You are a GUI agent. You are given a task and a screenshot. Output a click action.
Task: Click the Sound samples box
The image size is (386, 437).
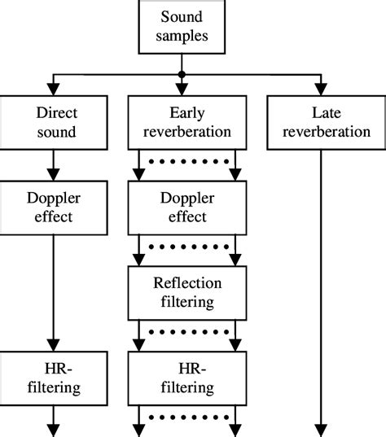click(182, 27)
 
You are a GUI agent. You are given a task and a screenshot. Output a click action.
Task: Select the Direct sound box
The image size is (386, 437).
click(54, 123)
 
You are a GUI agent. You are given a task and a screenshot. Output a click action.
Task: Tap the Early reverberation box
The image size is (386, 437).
click(187, 123)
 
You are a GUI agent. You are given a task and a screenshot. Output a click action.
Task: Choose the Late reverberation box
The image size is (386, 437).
click(327, 123)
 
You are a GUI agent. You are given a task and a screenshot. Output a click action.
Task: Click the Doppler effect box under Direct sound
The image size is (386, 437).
click(54, 208)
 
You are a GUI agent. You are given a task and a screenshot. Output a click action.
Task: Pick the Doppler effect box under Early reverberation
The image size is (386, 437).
click(187, 208)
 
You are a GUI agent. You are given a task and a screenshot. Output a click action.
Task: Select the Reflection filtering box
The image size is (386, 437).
click(187, 293)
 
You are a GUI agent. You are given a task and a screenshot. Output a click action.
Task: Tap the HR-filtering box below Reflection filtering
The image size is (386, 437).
click(187, 378)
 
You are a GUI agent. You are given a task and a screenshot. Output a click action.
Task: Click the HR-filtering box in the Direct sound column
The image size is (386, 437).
click(54, 378)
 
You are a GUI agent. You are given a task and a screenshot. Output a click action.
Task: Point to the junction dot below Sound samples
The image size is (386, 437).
click(182, 74)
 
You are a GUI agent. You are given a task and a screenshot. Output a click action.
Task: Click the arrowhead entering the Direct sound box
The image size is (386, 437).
click(53, 90)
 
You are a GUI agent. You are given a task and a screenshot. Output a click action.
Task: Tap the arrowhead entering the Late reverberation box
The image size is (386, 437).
click(321, 90)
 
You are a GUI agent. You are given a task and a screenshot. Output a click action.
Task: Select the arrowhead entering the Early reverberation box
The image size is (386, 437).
click(182, 90)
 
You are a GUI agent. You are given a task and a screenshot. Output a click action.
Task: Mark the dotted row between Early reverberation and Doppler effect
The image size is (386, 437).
click(189, 161)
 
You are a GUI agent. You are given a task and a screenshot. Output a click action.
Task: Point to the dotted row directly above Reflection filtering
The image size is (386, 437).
click(189, 247)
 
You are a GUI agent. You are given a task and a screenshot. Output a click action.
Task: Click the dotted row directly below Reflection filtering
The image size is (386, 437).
click(189, 332)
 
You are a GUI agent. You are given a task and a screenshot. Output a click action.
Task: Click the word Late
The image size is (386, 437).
click(327, 113)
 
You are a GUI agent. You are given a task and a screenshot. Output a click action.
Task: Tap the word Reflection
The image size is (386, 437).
click(187, 283)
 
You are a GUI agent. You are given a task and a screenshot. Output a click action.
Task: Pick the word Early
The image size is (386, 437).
click(187, 114)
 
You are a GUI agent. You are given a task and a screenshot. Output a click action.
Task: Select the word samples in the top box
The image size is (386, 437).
click(182, 37)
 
